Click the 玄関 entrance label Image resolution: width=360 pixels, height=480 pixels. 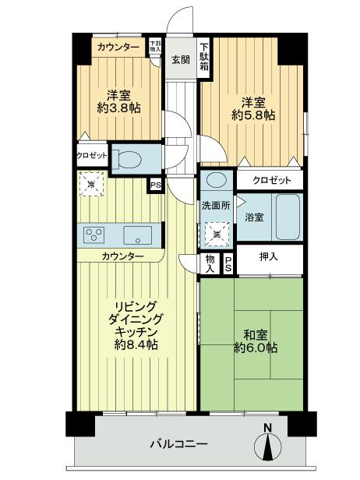coord(180,59)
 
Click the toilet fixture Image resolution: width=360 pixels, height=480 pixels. coord(130,159)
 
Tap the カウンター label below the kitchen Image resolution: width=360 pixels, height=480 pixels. coord(122,256)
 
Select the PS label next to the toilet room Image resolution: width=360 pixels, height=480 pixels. coord(155,185)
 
